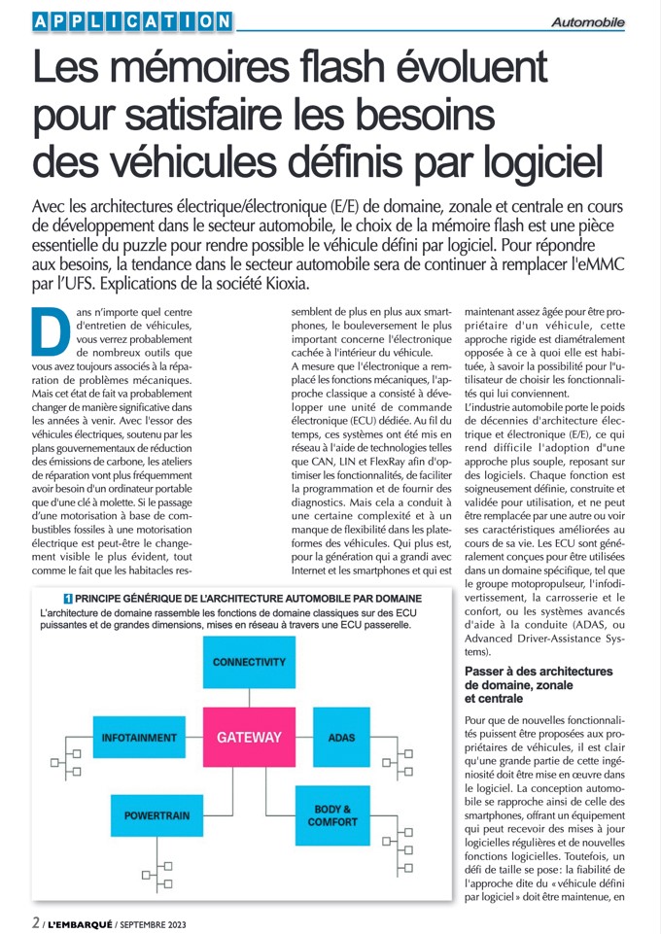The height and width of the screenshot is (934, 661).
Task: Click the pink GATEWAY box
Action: tap(249, 738)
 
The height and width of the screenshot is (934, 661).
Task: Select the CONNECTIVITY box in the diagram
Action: tap(249, 663)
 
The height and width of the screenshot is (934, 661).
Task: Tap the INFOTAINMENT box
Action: tap(138, 738)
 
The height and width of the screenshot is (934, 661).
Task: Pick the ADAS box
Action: tap(341, 738)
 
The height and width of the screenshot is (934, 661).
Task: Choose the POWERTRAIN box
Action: tap(157, 815)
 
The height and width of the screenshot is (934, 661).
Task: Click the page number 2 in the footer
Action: tap(35, 919)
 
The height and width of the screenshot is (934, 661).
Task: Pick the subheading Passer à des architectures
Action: tap(538, 672)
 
